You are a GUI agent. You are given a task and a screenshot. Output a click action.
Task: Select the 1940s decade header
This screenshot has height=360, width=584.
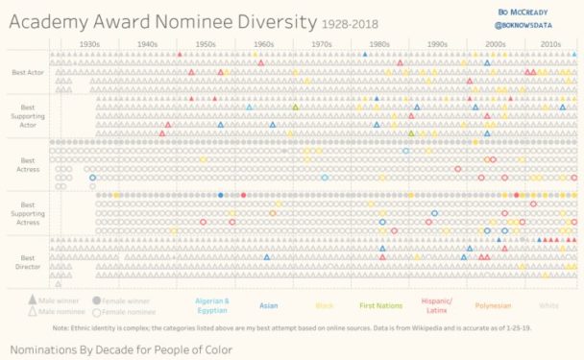pyautogui.click(x=148, y=44)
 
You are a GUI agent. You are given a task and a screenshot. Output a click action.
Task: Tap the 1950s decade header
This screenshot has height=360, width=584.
pyautogui.click(x=206, y=44)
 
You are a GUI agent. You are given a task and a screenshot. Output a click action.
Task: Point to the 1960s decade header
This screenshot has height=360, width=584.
pyautogui.click(x=263, y=44)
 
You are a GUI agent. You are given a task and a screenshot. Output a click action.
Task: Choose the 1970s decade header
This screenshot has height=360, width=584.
pyautogui.click(x=322, y=44)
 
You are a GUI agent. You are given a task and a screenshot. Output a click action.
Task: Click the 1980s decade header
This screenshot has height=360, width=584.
pyautogui.click(x=379, y=44)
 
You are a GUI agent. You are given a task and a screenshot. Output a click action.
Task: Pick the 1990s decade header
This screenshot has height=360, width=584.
pyautogui.click(x=437, y=44)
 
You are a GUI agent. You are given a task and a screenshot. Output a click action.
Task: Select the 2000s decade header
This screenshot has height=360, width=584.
pyautogui.click(x=495, y=44)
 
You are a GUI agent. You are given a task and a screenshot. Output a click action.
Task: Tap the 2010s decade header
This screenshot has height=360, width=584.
pyautogui.click(x=550, y=44)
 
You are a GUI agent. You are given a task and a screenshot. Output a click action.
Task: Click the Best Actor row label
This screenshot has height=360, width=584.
pyautogui.click(x=27, y=72)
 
